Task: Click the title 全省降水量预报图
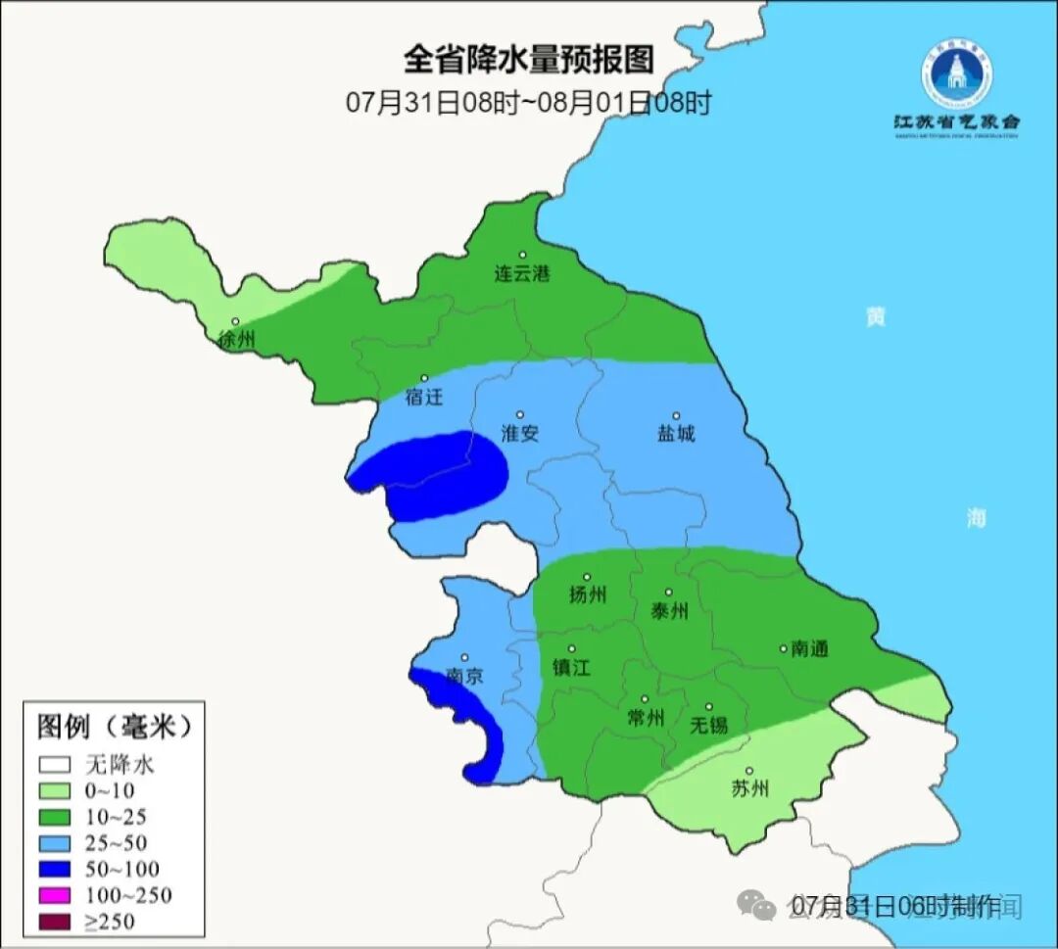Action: [x=528, y=60]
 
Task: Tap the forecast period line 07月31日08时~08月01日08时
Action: [x=528, y=103]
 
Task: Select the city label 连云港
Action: [x=521, y=274]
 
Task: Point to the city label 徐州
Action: [x=237, y=341]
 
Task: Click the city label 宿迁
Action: [x=424, y=398]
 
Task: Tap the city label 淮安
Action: [x=519, y=434]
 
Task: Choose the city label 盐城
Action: [x=675, y=434]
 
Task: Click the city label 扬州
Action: [x=588, y=595]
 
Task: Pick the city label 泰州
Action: [x=669, y=612]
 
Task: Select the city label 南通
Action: [x=809, y=648]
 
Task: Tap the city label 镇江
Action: [x=573, y=667]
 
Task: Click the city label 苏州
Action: [x=750, y=789]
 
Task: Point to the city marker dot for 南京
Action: [x=464, y=658]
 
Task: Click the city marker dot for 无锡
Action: [x=708, y=706]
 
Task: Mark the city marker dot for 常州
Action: [x=645, y=699]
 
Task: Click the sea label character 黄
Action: [x=875, y=316]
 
